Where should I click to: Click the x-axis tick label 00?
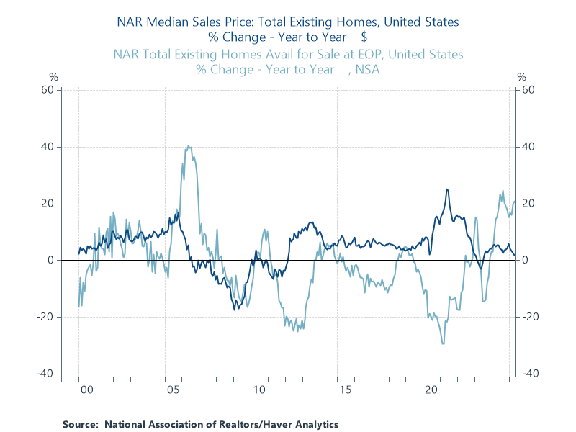click(86, 390)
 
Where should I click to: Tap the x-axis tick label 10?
click(258, 390)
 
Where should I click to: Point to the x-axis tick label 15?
click(345, 390)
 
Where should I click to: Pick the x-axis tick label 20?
click(431, 390)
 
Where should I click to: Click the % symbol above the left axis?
click(53, 76)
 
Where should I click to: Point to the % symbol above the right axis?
click(522, 76)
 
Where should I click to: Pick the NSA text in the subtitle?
click(366, 70)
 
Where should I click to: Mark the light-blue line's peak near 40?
click(189, 146)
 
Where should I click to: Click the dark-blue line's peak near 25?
click(447, 189)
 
